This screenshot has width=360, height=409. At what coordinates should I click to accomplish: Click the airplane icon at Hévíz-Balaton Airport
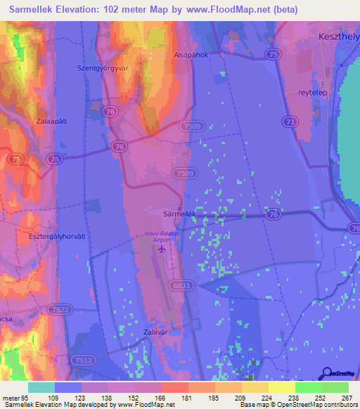click(x=163, y=249)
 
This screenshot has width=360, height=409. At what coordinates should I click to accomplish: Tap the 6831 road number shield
click(x=181, y=285)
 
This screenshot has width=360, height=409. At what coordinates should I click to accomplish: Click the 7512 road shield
click(x=84, y=361)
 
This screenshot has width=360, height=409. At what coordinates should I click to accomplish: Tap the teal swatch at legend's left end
click(x=41, y=387)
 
